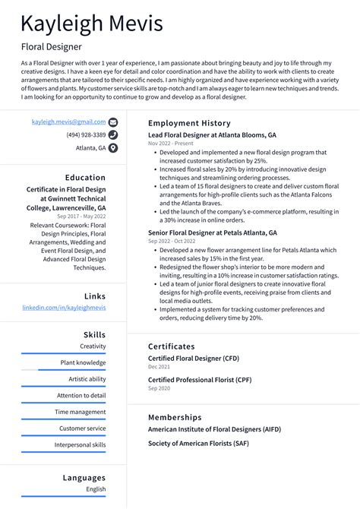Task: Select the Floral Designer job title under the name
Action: click(52, 46)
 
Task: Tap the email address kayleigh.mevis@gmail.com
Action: click(68, 122)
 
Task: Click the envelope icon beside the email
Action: click(113, 122)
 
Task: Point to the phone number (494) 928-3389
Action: click(86, 134)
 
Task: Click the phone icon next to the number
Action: click(113, 134)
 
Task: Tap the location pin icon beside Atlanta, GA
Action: click(113, 148)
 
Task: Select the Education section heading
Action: click(85, 177)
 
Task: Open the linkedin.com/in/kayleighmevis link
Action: click(64, 308)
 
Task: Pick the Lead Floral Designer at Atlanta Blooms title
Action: click(212, 134)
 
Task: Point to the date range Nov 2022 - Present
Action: click(171, 144)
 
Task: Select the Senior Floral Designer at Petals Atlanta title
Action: click(213, 232)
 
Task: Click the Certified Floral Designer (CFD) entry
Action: click(194, 358)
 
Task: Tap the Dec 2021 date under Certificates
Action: click(159, 367)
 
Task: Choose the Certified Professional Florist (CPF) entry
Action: click(198, 379)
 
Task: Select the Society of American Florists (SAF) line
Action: click(198, 443)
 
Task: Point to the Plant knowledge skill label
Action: click(84, 362)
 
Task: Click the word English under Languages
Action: click(96, 489)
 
